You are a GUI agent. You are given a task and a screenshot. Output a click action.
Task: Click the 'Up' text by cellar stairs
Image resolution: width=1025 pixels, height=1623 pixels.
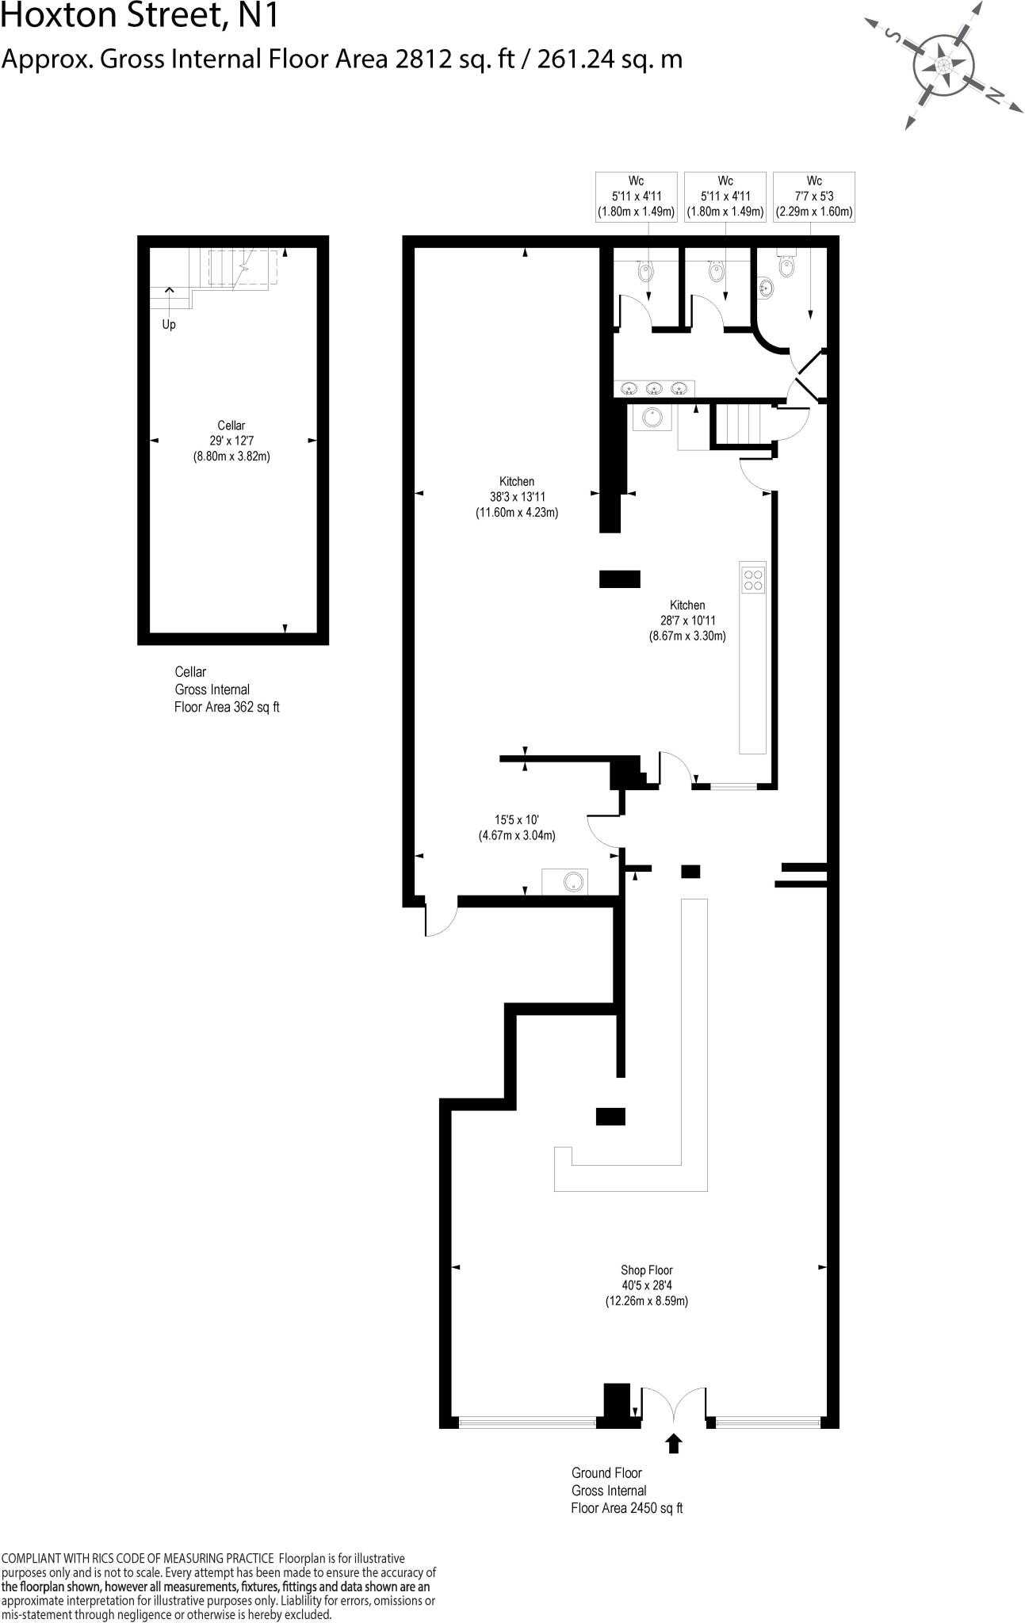tap(169, 324)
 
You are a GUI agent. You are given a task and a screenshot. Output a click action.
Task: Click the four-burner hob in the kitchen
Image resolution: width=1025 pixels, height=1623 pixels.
tap(753, 580)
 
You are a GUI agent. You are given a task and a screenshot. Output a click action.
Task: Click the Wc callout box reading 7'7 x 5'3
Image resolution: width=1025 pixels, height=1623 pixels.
tap(814, 197)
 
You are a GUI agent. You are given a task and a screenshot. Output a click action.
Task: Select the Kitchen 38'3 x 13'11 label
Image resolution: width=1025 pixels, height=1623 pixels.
tap(516, 497)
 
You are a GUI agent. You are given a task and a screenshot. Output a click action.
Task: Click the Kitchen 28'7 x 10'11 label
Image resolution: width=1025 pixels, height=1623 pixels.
tap(687, 621)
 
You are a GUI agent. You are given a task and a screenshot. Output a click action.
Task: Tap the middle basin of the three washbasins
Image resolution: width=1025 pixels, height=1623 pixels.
tap(654, 388)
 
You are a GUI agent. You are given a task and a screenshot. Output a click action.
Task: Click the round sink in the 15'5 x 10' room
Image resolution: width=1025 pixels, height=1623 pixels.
tap(572, 880)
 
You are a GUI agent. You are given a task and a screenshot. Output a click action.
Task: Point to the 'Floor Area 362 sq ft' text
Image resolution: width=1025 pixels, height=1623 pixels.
tap(227, 707)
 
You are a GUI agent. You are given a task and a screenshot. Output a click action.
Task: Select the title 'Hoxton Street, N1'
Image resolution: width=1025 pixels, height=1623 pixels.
tap(140, 16)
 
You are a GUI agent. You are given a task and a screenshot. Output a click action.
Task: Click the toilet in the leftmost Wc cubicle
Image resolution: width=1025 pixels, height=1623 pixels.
tap(646, 271)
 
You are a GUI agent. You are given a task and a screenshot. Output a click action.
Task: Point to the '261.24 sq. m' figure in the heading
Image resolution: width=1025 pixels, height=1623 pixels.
tap(609, 59)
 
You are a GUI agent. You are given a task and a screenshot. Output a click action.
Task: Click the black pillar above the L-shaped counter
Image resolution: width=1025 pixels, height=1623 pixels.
tap(610, 1116)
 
